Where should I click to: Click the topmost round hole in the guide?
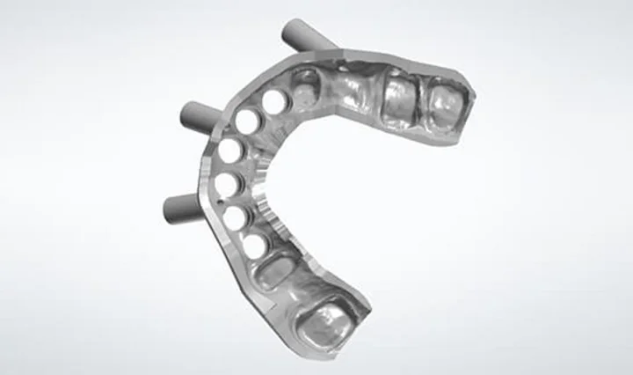[273, 101]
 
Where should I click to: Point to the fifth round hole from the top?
[235, 217]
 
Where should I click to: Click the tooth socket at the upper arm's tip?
[445, 102]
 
